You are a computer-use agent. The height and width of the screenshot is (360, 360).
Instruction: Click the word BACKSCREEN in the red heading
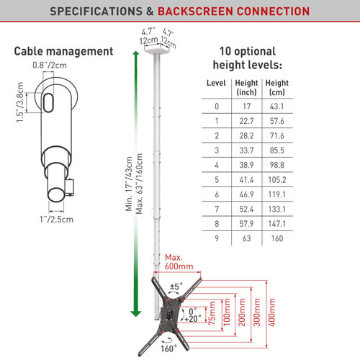195,12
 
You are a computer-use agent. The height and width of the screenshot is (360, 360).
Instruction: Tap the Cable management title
63,51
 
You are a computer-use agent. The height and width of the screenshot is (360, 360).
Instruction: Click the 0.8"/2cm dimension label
50,65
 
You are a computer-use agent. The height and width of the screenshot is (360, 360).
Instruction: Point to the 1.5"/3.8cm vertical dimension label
20,102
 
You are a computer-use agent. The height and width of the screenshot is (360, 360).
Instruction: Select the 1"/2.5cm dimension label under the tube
56,219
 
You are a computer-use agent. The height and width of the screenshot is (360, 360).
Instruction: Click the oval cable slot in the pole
48,103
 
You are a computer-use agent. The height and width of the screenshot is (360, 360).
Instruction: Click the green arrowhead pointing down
135,313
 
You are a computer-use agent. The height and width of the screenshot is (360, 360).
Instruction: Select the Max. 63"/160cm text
139,184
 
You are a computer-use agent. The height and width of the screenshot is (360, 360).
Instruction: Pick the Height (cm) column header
277,88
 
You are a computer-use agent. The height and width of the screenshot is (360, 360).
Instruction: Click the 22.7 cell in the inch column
246,121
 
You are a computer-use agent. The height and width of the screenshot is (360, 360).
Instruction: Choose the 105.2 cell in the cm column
277,180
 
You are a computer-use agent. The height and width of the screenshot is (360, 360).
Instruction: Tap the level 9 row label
217,238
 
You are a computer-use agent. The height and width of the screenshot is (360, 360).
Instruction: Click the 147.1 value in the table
277,224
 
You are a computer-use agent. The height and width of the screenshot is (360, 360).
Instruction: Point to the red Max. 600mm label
179,262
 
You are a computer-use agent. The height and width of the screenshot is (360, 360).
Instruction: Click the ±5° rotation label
176,287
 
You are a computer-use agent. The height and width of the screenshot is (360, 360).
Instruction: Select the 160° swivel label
168,348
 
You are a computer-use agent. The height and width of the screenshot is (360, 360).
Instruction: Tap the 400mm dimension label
271,312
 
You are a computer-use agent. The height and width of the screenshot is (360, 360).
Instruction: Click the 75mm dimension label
212,313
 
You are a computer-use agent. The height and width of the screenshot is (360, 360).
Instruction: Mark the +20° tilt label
193,319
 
